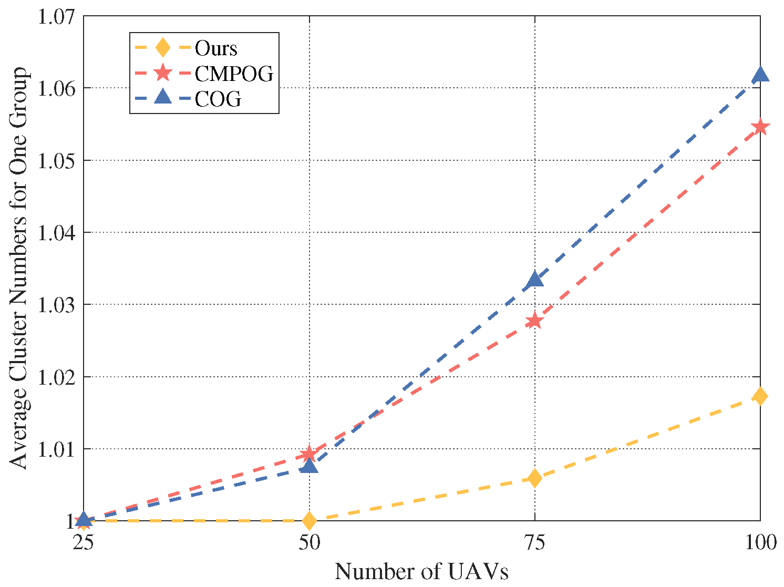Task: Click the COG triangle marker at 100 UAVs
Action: click(x=760, y=75)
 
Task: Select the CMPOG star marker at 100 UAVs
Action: click(x=760, y=127)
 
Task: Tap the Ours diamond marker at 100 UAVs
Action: click(x=760, y=396)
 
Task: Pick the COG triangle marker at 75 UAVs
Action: click(x=534, y=279)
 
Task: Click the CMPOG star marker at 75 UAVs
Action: click(x=534, y=320)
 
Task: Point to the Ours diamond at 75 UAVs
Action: click(x=534, y=478)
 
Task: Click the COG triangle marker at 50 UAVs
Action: click(x=309, y=466)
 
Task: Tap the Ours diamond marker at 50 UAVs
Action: click(x=309, y=521)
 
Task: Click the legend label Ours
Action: click(x=216, y=48)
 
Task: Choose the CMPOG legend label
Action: click(x=234, y=74)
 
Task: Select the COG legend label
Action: click(x=218, y=99)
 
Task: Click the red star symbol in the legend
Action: click(x=163, y=74)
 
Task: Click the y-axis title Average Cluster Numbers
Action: click(x=19, y=268)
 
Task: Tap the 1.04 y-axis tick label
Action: click(x=56, y=232)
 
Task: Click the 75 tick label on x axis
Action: click(x=534, y=542)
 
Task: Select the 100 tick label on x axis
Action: click(x=760, y=542)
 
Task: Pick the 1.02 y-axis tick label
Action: click(x=56, y=377)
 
